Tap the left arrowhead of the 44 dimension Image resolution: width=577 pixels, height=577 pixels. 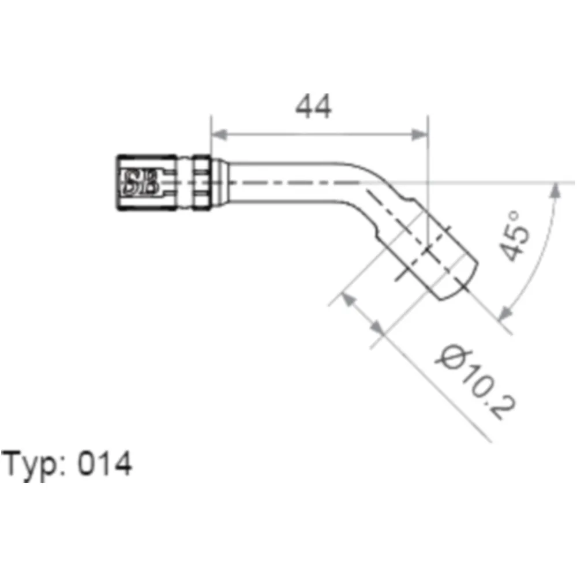(219, 134)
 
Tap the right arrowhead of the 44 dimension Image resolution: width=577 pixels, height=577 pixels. (420, 134)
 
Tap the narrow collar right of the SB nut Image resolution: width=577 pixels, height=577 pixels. (201, 182)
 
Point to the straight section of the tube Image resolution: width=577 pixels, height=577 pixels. (288, 182)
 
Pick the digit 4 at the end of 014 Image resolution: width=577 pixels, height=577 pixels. (122, 464)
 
